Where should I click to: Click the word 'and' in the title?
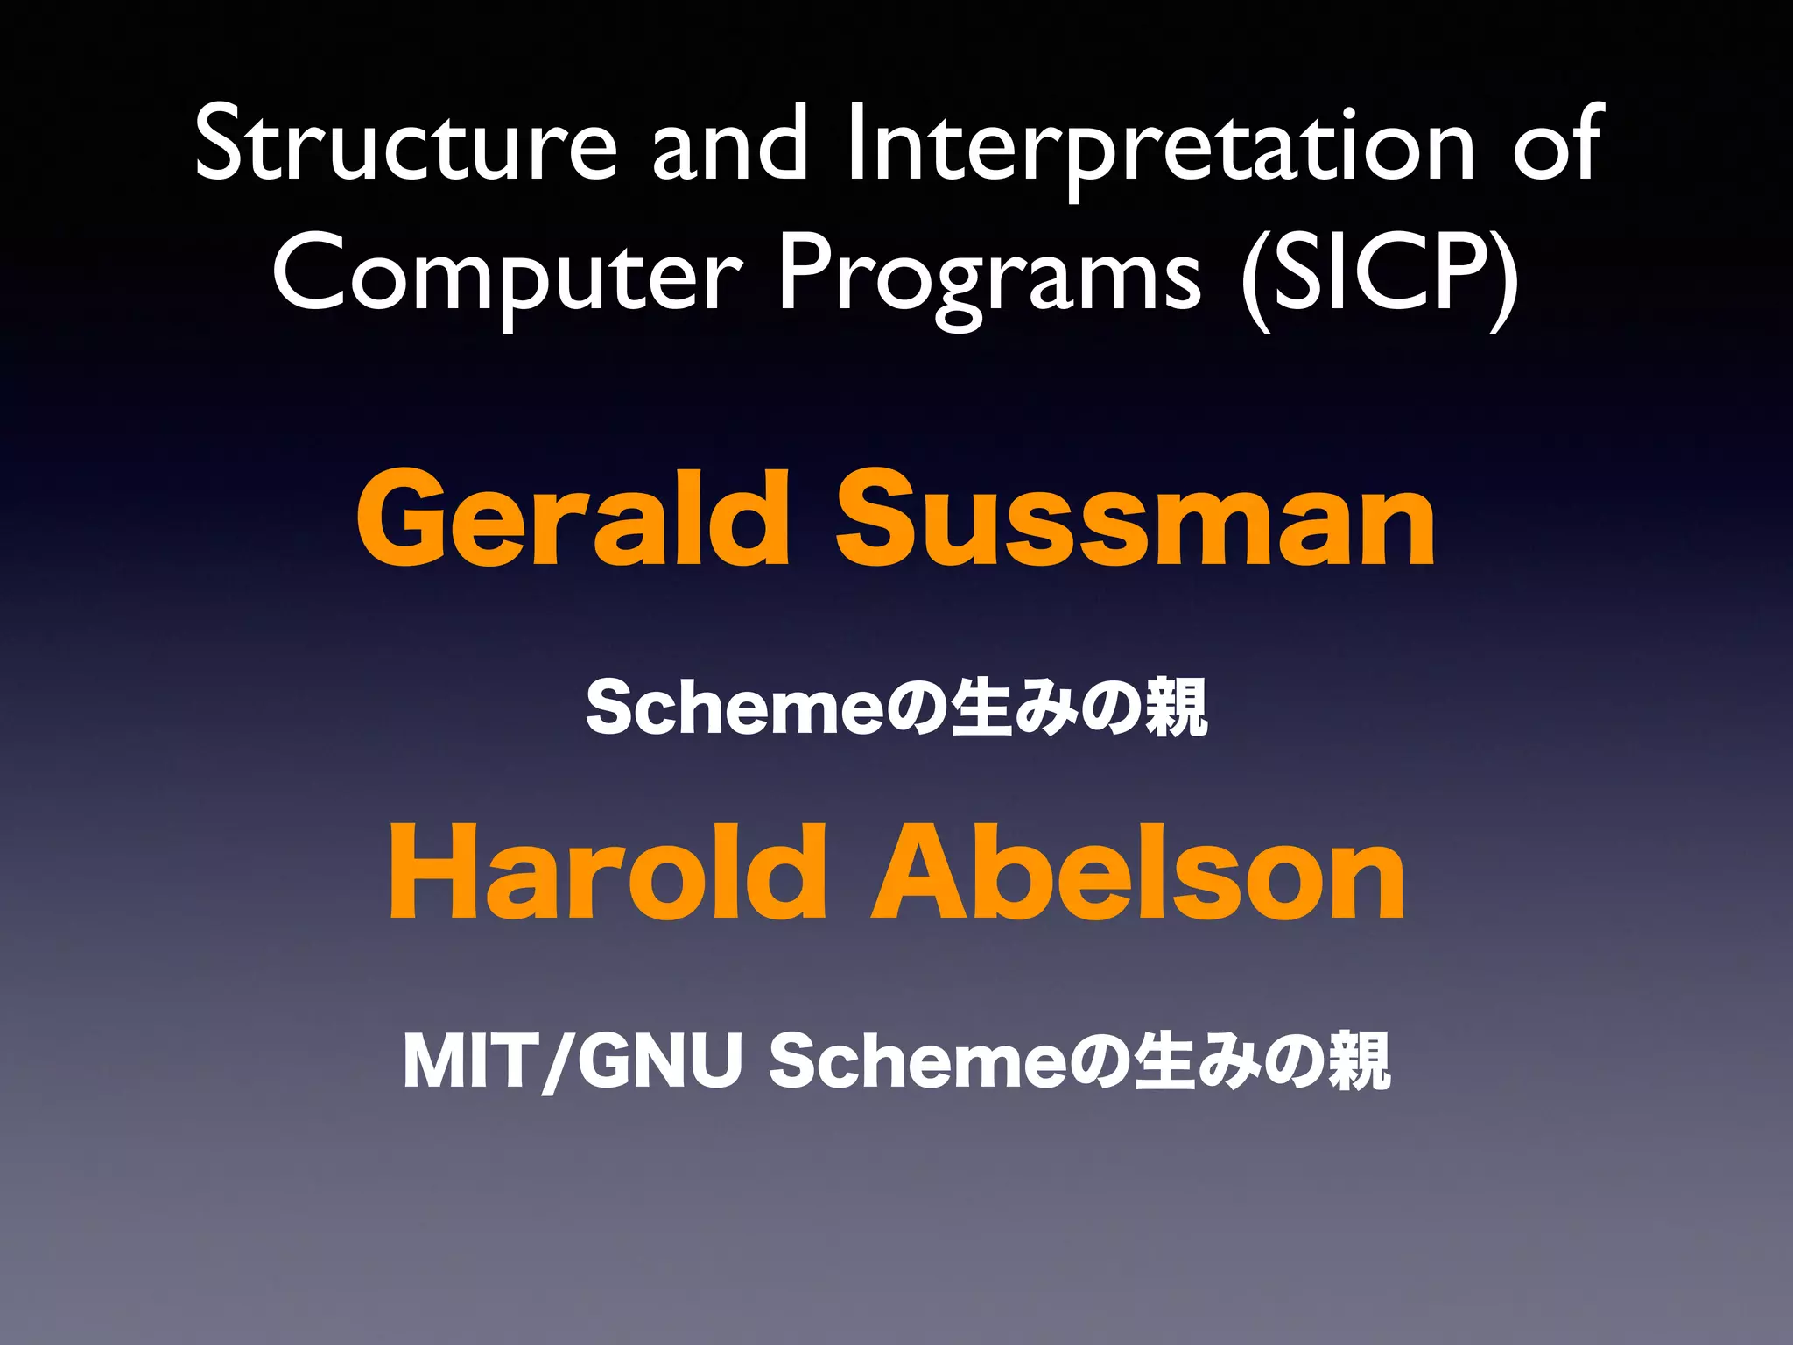(x=729, y=144)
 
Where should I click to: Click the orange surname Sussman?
(x=1135, y=518)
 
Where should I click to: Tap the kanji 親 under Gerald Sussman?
(x=1176, y=708)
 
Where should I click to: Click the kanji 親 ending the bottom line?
(x=1359, y=1061)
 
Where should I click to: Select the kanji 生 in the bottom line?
(x=1164, y=1061)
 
